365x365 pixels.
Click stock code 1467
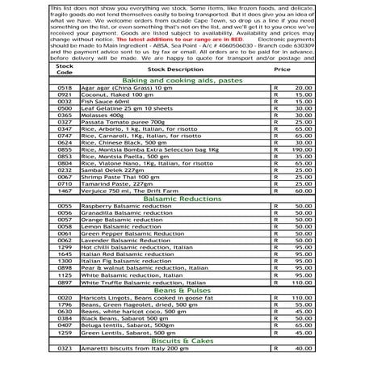click(65, 191)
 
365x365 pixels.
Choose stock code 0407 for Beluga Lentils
click(65, 325)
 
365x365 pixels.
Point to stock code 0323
click(65, 349)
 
